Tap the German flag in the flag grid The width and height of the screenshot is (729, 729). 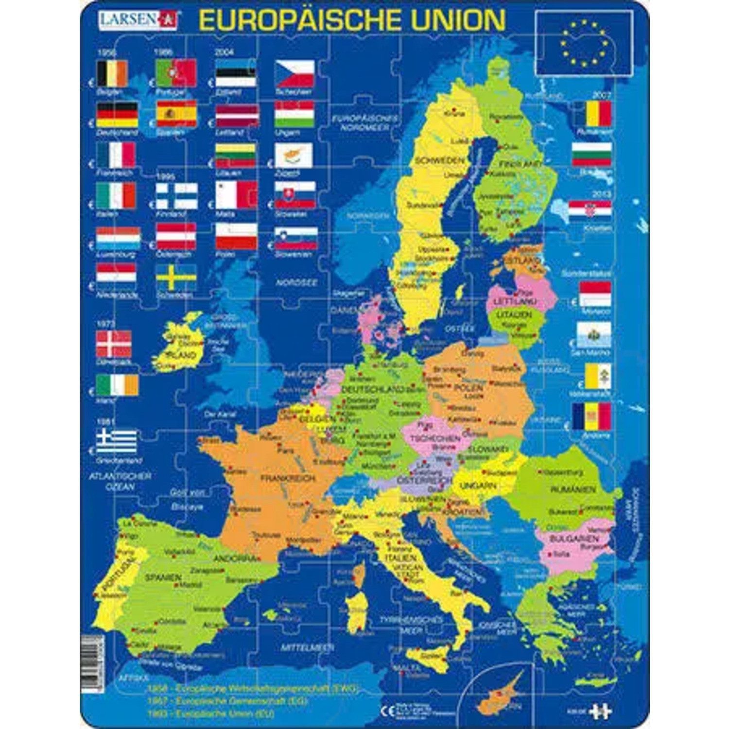(117, 114)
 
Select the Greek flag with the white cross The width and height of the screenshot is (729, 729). (117, 441)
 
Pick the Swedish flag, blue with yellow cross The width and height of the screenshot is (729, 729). (176, 278)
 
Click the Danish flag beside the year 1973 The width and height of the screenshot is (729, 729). (114, 343)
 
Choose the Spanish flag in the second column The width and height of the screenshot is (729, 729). (176, 114)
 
